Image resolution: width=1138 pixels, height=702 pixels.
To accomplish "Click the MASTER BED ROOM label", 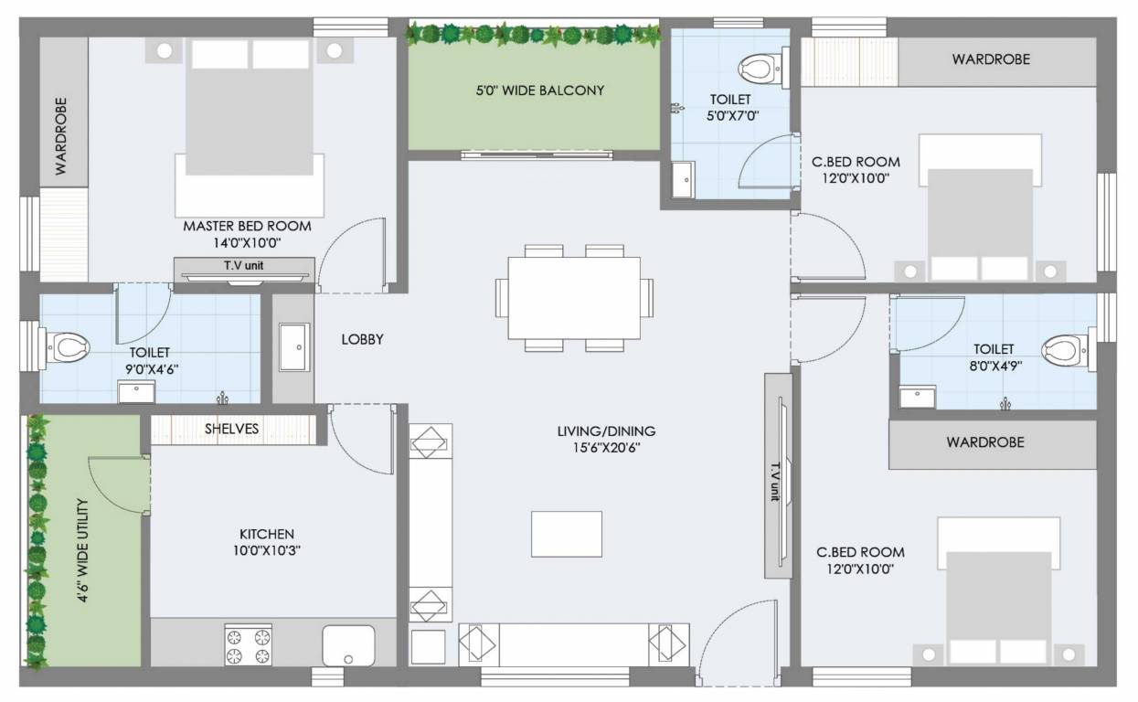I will click(247, 226).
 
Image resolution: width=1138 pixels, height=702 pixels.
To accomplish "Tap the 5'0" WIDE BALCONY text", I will click(539, 90).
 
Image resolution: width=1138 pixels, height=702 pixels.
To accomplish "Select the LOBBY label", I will click(362, 339).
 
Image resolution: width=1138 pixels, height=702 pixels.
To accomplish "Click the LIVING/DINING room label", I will click(606, 431).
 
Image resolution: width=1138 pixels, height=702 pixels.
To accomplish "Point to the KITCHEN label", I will click(267, 534).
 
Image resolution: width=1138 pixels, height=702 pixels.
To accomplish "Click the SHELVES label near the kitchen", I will click(231, 428).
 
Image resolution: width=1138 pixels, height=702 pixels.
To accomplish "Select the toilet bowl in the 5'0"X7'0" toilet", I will click(757, 68).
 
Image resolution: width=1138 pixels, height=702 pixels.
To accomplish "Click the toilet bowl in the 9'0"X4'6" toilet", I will click(68, 346).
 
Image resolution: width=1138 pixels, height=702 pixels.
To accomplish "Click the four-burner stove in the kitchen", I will click(249, 644).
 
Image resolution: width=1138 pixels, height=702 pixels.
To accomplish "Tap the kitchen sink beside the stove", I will click(348, 645).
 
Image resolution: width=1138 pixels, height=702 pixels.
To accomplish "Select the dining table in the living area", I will click(574, 298).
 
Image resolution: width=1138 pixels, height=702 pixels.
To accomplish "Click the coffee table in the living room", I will click(567, 534).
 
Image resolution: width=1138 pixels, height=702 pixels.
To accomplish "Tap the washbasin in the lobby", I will click(293, 347).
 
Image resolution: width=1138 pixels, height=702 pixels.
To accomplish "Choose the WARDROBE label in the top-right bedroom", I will click(991, 59).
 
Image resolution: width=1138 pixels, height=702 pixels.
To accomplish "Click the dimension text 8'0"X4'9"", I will click(994, 365).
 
